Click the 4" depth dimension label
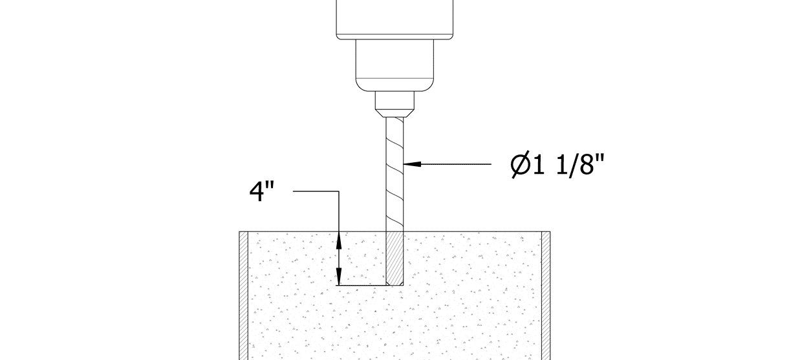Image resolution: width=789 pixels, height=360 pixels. coord(261,192)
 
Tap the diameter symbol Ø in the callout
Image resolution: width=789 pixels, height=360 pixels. coord(520,165)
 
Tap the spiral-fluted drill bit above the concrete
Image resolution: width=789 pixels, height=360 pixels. coord(394,175)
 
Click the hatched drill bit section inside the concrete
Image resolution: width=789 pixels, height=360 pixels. coord(394,259)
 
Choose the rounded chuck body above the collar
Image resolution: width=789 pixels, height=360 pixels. coord(394,65)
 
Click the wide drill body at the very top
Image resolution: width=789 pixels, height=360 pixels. coord(394,18)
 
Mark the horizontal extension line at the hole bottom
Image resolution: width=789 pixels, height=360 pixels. coord(362,285)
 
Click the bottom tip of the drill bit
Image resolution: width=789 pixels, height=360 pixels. coord(394,284)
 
